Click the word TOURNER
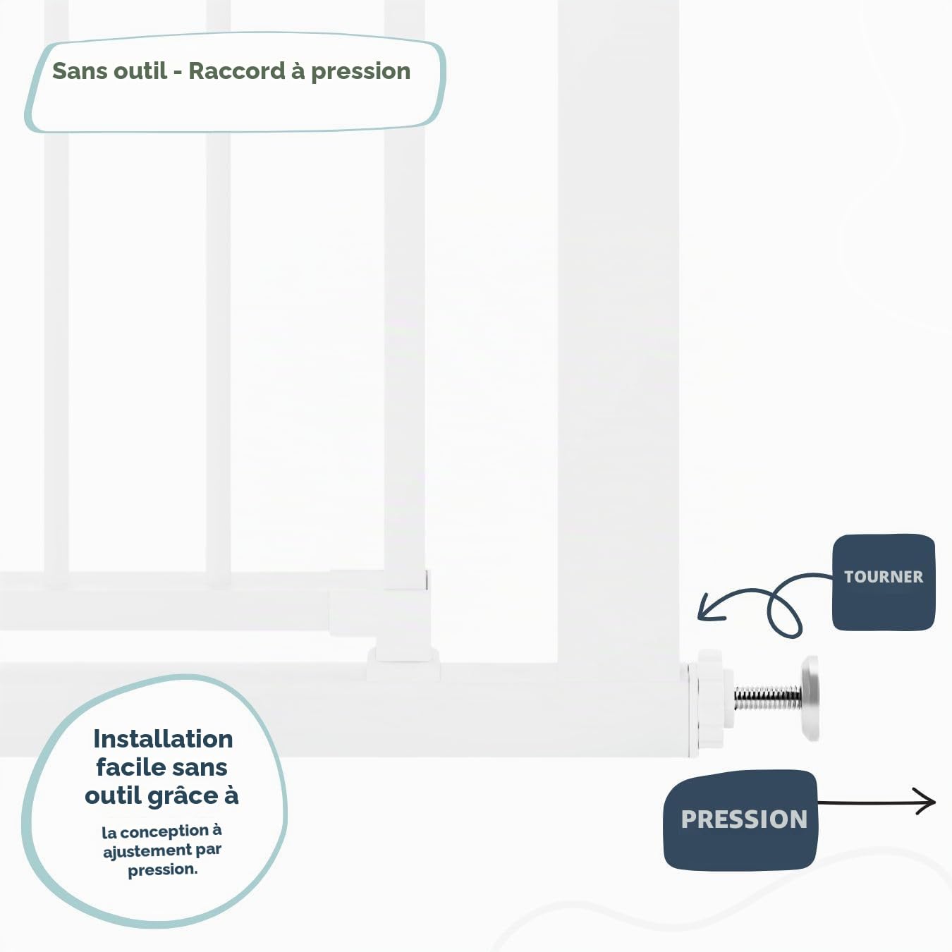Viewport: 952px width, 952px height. pyautogui.click(x=884, y=577)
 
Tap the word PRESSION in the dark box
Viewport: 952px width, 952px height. pyautogui.click(x=744, y=819)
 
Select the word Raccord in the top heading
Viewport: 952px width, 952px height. pyautogui.click(x=237, y=71)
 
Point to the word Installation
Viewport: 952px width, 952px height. pyautogui.click(x=163, y=739)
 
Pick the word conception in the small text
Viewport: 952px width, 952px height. pyautogui.click(x=166, y=831)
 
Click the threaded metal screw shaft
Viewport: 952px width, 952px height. pyautogui.click(x=768, y=697)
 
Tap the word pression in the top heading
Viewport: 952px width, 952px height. pyautogui.click(x=360, y=72)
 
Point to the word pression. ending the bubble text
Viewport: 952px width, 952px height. pyautogui.click(x=162, y=870)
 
